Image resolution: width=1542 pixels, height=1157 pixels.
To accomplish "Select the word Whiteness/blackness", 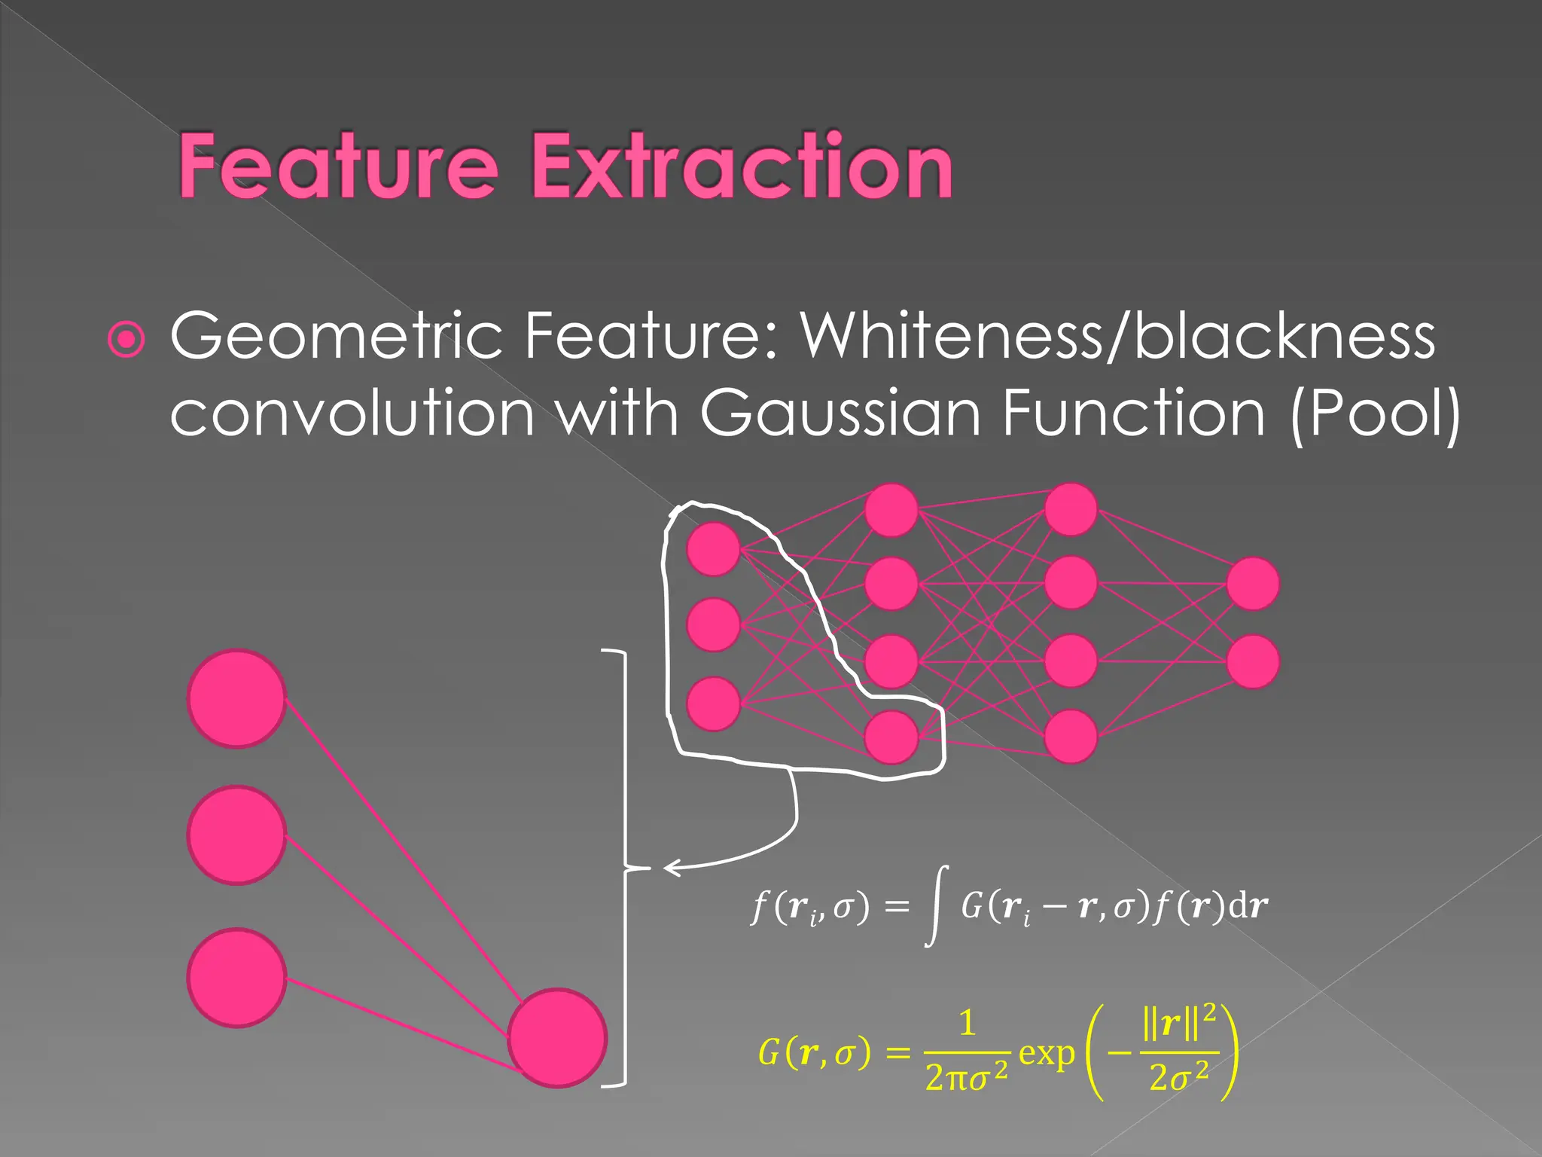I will point(1117,336).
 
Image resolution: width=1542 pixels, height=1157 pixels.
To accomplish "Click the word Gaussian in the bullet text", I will point(841,413).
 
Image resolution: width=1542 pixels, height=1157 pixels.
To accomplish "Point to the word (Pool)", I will point(1375,413).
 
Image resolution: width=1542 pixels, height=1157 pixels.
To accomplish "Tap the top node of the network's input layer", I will point(713,549).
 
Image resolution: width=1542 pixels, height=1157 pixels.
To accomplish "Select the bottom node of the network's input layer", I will point(713,704).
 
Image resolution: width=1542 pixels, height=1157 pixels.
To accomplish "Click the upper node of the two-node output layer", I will point(1253,584).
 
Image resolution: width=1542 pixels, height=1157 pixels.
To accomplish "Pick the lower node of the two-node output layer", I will point(1253,661).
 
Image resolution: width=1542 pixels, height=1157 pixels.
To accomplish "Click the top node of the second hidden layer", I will point(1071,510).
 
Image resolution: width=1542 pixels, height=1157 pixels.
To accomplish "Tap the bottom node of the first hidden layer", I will point(891,737).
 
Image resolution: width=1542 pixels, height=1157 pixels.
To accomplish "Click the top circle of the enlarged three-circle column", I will point(236,699).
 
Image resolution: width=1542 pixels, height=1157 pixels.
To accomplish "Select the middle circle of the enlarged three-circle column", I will point(236,835).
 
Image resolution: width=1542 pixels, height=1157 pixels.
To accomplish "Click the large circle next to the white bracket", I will point(557,1037).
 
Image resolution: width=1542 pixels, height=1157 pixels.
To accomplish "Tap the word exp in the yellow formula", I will point(1047,1053).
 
